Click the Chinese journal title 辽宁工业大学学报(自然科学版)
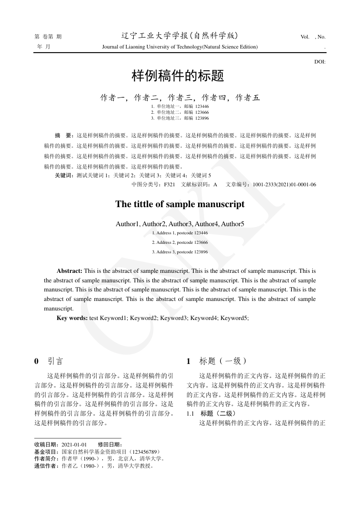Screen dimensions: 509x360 (x=180, y=36)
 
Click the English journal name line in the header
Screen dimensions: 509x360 (x=180, y=47)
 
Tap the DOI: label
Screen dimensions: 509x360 (x=320, y=62)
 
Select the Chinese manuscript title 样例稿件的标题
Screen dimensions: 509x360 (x=178, y=76)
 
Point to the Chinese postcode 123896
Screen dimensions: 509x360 (x=202, y=118)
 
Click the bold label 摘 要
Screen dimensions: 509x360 (x=63, y=135)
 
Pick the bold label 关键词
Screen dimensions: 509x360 (x=63, y=175)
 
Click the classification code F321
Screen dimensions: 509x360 (x=169, y=184)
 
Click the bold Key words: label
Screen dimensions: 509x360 (x=72, y=318)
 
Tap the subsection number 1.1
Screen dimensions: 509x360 (x=190, y=414)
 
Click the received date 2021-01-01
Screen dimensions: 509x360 (x=74, y=445)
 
